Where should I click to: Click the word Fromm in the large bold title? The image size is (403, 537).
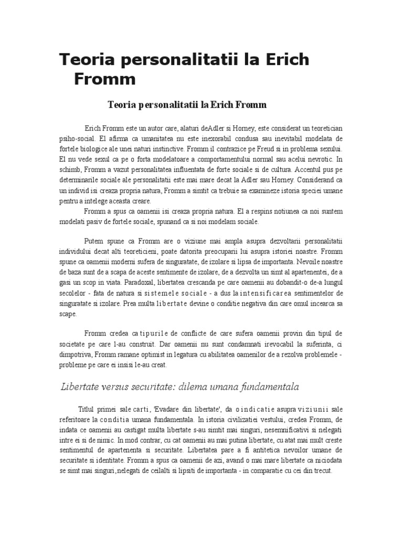[105, 79]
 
